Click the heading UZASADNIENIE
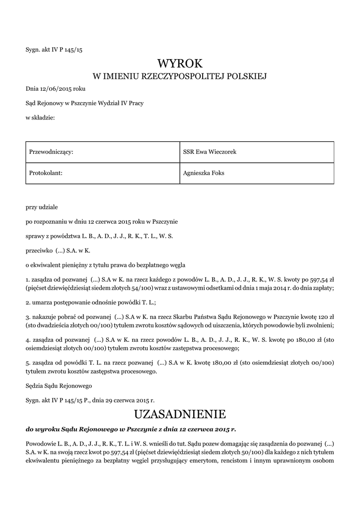coord(180,414)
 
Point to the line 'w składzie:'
coord(40,117)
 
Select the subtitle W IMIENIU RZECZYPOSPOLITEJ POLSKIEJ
coord(180,76)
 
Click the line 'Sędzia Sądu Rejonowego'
coord(59,384)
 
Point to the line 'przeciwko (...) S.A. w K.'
coord(61,251)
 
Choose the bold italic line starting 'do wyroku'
coord(131,428)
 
